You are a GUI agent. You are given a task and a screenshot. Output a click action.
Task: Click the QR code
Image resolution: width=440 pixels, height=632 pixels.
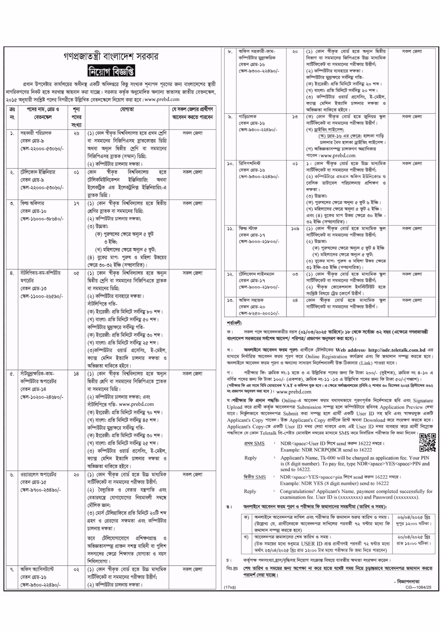pyautogui.click(x=427, y=442)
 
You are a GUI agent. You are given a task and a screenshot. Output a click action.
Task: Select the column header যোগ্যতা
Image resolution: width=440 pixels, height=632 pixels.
pyautogui.click(x=127, y=109)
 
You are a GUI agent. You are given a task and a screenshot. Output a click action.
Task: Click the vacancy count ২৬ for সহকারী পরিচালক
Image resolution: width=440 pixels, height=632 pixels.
pyautogui.click(x=76, y=133)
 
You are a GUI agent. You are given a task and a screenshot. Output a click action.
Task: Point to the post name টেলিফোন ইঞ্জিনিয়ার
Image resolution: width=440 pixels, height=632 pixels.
pyautogui.click(x=38, y=172)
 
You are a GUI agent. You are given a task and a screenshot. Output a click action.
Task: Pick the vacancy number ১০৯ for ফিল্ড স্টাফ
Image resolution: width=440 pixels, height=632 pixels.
pyautogui.click(x=295, y=229)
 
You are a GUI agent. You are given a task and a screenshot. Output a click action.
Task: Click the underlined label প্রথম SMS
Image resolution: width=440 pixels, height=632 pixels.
pyautogui.click(x=254, y=443)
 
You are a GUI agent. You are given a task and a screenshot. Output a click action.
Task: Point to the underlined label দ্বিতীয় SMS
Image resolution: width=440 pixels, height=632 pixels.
pyautogui.click(x=254, y=477)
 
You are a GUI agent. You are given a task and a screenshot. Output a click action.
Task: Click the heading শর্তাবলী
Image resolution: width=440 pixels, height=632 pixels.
pyautogui.click(x=234, y=323)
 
